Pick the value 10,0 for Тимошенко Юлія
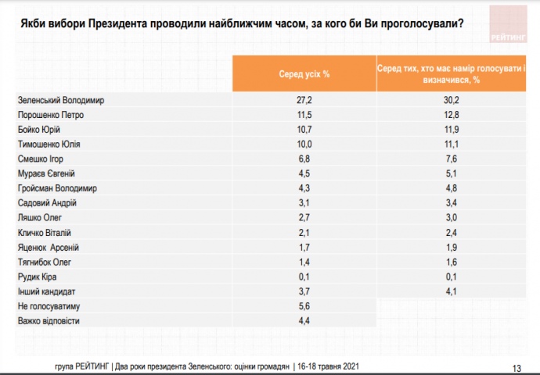coord(304,145)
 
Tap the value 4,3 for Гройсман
coord(304,188)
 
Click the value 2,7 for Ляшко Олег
coord(304,217)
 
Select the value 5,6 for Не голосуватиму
coord(304,305)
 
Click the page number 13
coord(517,368)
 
